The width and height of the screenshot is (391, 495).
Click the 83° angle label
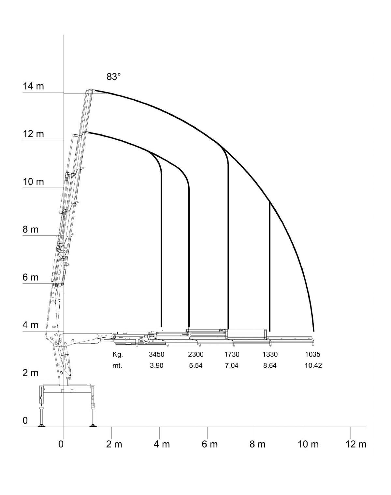click(113, 77)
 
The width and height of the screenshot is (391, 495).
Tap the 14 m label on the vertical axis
click(33, 86)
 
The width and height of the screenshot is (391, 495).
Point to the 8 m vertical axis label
click(31, 230)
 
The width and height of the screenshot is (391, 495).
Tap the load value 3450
click(156, 354)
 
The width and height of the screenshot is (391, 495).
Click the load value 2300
click(195, 354)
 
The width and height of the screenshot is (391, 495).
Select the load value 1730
click(232, 354)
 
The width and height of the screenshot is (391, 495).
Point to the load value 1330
click(270, 354)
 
